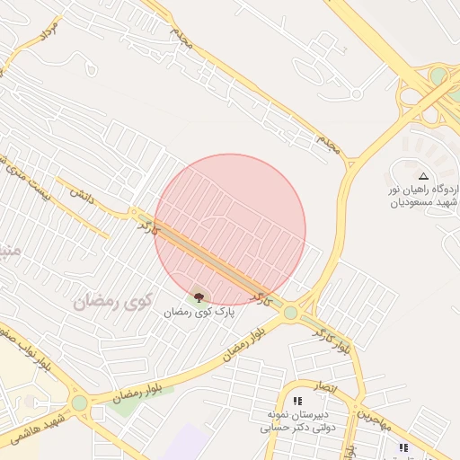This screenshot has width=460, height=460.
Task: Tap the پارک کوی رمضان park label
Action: tap(198, 312)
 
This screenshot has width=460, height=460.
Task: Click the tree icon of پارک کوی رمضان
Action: tap(199, 296)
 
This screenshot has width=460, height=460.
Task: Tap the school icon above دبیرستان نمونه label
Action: tap(297, 400)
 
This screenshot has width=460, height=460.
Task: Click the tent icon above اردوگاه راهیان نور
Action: tap(423, 176)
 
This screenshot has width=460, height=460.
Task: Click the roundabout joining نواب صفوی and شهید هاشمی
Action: tap(80, 403)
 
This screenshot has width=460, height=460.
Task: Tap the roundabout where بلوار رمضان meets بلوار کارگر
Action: tap(290, 313)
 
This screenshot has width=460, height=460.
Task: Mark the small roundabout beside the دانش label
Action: tap(133, 213)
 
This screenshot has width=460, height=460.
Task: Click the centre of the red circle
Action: tap(230, 229)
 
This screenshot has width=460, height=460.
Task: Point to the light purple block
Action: tap(185, 444)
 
